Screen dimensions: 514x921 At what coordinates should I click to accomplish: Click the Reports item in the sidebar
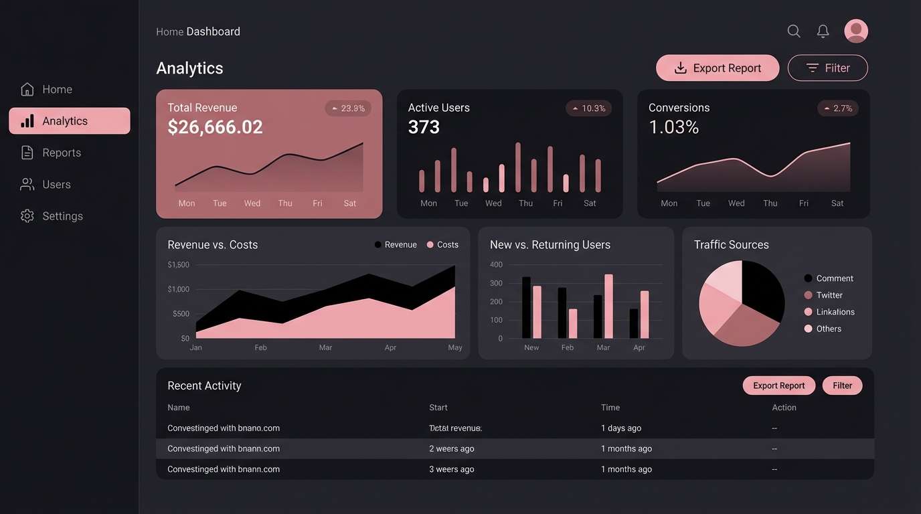point(61,153)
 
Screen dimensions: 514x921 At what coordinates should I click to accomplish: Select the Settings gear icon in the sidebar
point(27,216)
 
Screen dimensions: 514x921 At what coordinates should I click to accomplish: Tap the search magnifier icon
point(794,31)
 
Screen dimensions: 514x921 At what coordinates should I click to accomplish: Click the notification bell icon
point(823,31)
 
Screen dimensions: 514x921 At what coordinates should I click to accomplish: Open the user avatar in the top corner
point(856,31)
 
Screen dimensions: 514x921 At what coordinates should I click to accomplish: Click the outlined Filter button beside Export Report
point(827,68)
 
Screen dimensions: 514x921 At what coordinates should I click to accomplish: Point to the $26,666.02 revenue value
point(215,127)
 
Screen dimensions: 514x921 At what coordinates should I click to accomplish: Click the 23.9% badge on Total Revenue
point(348,108)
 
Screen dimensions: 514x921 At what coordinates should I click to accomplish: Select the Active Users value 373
point(424,127)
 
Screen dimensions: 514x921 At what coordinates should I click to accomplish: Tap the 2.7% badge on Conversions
point(838,108)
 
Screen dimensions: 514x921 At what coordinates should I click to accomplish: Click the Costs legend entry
point(442,245)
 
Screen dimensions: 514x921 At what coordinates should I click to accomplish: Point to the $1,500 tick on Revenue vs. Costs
point(178,265)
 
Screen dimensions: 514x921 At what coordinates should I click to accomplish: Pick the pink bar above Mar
point(608,306)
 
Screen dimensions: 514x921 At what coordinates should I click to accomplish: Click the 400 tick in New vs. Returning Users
point(496,265)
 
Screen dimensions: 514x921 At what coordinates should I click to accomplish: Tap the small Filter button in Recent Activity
point(842,385)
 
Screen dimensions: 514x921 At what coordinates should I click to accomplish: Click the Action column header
point(784,408)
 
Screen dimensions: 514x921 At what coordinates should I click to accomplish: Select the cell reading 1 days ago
point(620,428)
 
